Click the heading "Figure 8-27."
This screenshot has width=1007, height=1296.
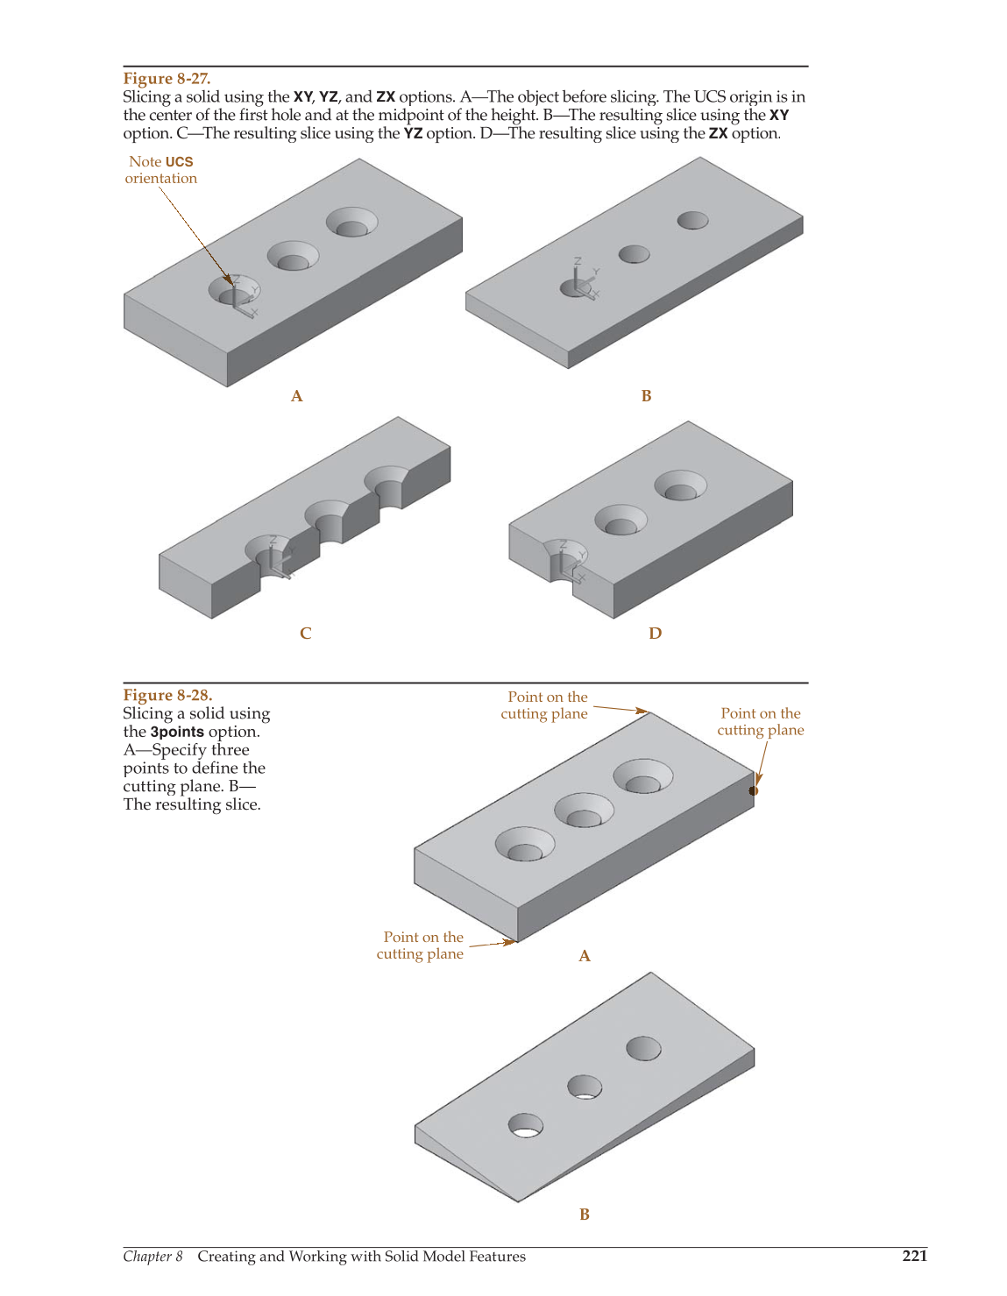167,78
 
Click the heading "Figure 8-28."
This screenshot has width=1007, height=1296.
167,695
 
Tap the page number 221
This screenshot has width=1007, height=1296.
915,1256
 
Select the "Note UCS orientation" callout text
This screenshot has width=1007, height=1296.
161,170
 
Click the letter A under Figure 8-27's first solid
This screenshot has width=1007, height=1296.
297,396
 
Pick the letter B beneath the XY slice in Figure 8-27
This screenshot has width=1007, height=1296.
646,396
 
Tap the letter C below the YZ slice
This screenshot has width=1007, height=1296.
305,633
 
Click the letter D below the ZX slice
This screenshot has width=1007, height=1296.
656,633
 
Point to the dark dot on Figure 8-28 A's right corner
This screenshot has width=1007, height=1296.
753,791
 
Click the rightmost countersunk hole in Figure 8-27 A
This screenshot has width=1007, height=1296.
351,222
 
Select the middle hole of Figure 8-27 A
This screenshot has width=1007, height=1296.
293,256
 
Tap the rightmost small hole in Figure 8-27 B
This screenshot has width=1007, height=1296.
692,220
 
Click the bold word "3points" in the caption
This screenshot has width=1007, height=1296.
177,732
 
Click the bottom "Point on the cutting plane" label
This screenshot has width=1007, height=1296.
421,945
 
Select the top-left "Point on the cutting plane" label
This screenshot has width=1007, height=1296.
544,705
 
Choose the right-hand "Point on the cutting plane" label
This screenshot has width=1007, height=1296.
761,722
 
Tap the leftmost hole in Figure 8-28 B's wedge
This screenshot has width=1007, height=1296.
525,1125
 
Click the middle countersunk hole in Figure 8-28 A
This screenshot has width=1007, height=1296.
584,811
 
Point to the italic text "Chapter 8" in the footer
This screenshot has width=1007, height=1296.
152,1256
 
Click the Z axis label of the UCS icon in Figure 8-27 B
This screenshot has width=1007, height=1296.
578,261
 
